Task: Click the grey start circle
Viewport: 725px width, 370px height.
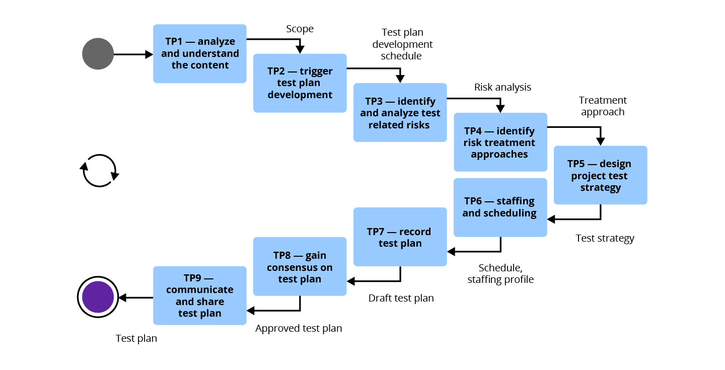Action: (x=98, y=54)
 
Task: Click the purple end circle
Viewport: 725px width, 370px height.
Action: (x=98, y=297)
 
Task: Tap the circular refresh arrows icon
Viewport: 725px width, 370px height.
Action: (x=100, y=171)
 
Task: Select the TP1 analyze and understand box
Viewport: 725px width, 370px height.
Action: (x=200, y=53)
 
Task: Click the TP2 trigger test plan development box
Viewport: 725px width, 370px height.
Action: (x=300, y=83)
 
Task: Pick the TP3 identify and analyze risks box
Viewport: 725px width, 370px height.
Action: (x=400, y=113)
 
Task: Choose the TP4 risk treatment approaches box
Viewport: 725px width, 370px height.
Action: (x=500, y=142)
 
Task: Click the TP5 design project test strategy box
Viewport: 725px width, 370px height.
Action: (x=600, y=175)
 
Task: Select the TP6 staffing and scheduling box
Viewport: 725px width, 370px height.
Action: (x=500, y=207)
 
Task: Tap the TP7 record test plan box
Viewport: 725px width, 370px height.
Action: (x=400, y=237)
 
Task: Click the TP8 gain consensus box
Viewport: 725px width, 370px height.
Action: (x=300, y=266)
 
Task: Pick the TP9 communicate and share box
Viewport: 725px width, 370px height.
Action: (x=200, y=295)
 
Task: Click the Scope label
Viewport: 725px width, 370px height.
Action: (x=300, y=29)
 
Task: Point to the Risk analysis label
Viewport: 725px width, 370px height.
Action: (x=502, y=87)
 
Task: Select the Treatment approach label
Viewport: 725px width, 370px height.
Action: (x=603, y=106)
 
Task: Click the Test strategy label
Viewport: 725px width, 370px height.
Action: (x=605, y=238)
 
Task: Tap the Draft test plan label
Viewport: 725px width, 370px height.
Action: (x=401, y=298)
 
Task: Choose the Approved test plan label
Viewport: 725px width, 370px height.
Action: (x=299, y=328)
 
